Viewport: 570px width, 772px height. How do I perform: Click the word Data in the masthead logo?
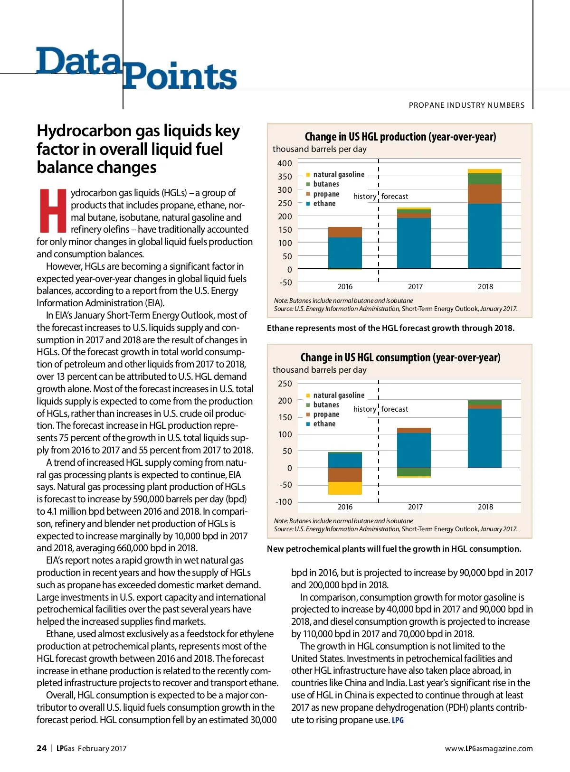[78, 62]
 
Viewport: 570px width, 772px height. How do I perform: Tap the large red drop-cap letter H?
[52, 211]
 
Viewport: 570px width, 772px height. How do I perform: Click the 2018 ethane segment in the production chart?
[484, 235]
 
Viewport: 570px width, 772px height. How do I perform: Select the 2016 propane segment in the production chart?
[345, 232]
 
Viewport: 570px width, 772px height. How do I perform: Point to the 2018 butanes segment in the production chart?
[484, 179]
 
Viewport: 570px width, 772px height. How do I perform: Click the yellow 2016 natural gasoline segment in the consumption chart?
[345, 488]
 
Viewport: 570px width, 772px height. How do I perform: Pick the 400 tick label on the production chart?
[285, 163]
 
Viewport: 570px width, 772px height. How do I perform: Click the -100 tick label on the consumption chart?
[284, 502]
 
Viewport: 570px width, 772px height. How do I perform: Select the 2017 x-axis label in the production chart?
[415, 287]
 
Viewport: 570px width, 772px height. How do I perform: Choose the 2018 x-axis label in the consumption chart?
[485, 507]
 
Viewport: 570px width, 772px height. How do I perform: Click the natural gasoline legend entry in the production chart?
[338, 175]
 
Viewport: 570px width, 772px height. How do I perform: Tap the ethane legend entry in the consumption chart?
[324, 424]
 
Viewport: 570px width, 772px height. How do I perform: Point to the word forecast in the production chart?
[395, 197]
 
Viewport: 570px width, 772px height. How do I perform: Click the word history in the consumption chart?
[364, 409]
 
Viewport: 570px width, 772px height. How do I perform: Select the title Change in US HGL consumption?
[400, 358]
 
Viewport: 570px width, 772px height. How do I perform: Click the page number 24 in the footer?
[41, 748]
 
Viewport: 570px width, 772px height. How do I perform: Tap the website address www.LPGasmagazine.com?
[488, 749]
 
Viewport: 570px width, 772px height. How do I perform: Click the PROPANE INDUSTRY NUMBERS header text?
[466, 105]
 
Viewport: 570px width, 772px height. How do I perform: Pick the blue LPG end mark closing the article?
[398, 720]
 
